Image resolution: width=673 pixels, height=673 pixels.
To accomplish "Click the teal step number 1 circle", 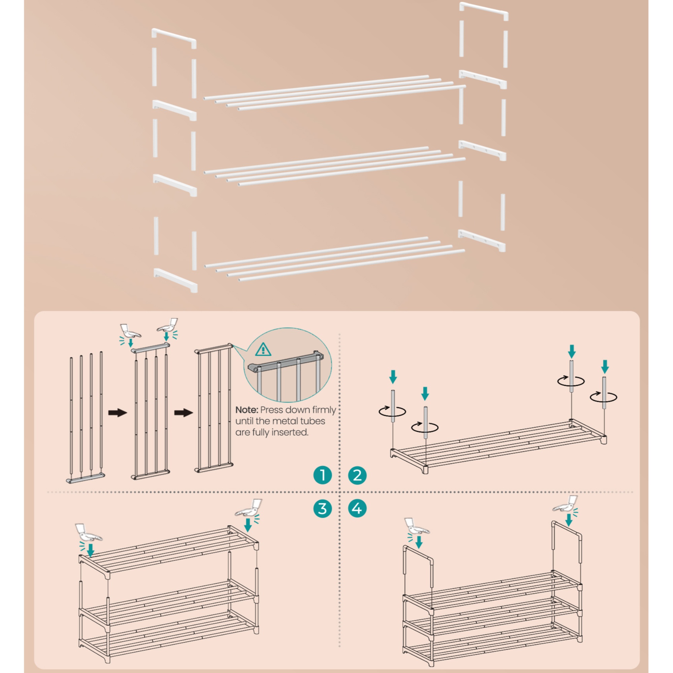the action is [x=322, y=475].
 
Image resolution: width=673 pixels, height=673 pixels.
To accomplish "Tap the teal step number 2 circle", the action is [x=357, y=475].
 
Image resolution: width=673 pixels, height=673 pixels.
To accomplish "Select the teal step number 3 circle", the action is [x=322, y=508].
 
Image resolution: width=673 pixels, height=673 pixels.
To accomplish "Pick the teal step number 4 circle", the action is [x=357, y=508].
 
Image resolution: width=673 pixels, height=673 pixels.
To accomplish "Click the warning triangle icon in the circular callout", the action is [x=263, y=349].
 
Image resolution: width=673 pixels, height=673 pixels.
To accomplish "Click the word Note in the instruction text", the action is [x=246, y=410].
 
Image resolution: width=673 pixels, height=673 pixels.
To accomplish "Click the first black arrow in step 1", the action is [x=118, y=413].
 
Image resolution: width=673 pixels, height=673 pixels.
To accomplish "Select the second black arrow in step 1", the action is [x=184, y=413].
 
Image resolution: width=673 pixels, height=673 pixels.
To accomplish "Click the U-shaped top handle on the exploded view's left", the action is [x=174, y=38].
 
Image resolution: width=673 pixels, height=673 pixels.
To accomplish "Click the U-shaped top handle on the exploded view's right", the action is [x=484, y=10].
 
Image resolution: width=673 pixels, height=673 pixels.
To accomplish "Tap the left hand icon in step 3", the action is [x=88, y=532].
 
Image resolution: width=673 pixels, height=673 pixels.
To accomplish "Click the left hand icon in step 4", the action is [x=417, y=526].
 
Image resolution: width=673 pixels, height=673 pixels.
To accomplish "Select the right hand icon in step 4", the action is [x=566, y=504].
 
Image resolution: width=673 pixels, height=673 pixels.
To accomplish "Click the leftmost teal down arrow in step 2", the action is [x=393, y=377].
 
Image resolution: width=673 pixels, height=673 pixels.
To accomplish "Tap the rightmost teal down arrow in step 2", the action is [x=605, y=367].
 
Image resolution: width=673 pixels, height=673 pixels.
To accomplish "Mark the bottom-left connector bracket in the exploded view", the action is [x=176, y=280].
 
